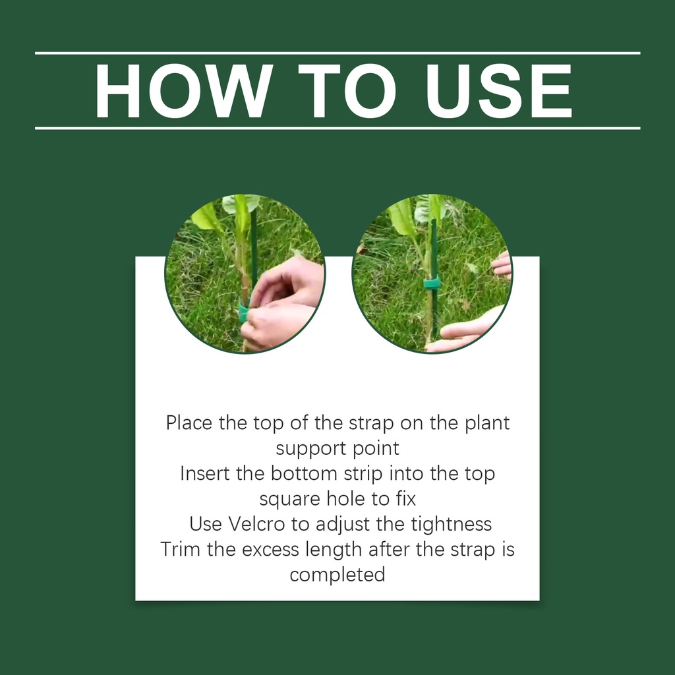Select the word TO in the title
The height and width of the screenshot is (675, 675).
[347, 91]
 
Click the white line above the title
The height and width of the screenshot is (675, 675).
[337, 53]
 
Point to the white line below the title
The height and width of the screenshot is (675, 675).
[337, 129]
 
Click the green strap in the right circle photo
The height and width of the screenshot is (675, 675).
[431, 282]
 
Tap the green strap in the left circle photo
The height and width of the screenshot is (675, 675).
[244, 312]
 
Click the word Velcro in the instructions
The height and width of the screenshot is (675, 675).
[256, 524]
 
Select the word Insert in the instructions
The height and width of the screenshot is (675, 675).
[205, 473]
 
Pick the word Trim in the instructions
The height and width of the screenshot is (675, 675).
[181, 549]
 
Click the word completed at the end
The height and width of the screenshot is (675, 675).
[337, 575]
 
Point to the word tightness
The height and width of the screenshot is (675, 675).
[451, 524]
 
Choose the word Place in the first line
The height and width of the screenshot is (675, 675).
[189, 423]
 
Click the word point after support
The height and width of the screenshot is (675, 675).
[376, 448]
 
